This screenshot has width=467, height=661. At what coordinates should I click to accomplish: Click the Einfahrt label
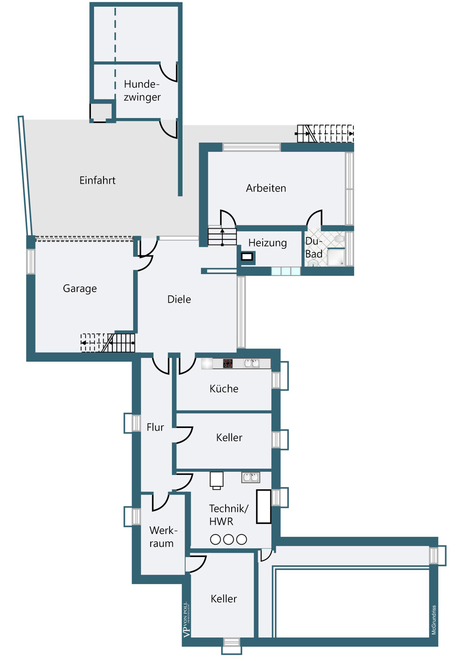97,180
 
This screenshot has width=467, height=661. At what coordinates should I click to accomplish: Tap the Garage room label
80,288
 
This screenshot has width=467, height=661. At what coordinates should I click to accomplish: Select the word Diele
179,299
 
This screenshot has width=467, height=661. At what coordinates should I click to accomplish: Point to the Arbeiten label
266,188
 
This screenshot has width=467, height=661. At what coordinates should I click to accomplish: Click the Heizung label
267,243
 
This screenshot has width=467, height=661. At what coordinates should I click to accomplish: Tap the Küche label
224,388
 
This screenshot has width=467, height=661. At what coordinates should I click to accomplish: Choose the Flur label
155,427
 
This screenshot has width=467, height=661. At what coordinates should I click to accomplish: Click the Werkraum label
163,536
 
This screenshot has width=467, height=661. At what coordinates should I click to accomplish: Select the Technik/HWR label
229,515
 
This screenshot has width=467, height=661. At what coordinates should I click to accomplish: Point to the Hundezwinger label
142,91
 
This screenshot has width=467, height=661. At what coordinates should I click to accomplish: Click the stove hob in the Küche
227,363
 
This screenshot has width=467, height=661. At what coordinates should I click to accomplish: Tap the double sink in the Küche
252,363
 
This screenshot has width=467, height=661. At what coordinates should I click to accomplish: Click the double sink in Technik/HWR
251,477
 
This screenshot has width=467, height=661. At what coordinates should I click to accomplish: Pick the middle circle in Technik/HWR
229,539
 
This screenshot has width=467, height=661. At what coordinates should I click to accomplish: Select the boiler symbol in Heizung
247,257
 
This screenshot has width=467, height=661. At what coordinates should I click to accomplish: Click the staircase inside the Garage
107,343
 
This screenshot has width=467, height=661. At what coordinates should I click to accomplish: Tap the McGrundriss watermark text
434,620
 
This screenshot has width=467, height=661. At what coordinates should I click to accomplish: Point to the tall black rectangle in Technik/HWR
263,507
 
